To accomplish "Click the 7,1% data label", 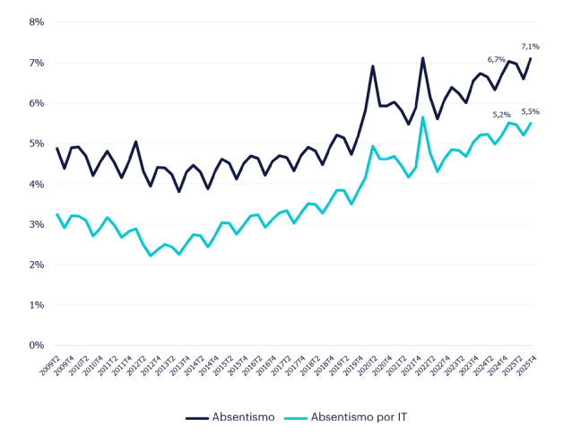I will pyautogui.click(x=531, y=46).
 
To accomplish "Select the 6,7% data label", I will pyautogui.click(x=496, y=60).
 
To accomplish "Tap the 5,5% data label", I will pyautogui.click(x=531, y=111).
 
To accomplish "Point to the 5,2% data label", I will pyautogui.click(x=502, y=115).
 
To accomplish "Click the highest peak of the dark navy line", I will pyautogui.click(x=423, y=58).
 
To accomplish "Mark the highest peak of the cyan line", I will pyautogui.click(x=423, y=117).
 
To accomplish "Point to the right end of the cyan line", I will pyautogui.click(x=532, y=123).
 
